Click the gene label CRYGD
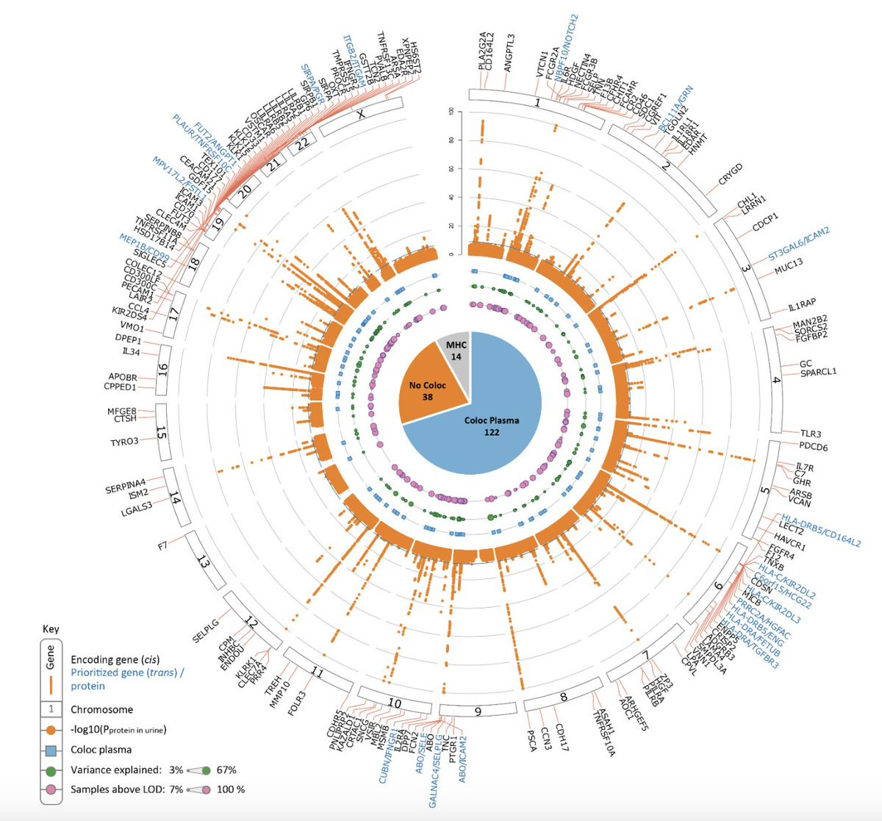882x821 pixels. pos(730,174)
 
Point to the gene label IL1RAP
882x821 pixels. pos(801,305)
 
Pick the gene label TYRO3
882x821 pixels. pos(123,442)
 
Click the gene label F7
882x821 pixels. pos(162,546)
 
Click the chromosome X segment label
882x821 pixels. pos(360,115)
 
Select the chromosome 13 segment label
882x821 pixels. pos(204,563)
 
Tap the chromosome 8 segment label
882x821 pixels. pos(564,696)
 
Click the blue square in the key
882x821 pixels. pos(51,750)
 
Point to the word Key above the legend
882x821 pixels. pos(51,629)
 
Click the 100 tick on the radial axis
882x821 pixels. pos(459,112)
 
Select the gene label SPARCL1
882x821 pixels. pos(818,372)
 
